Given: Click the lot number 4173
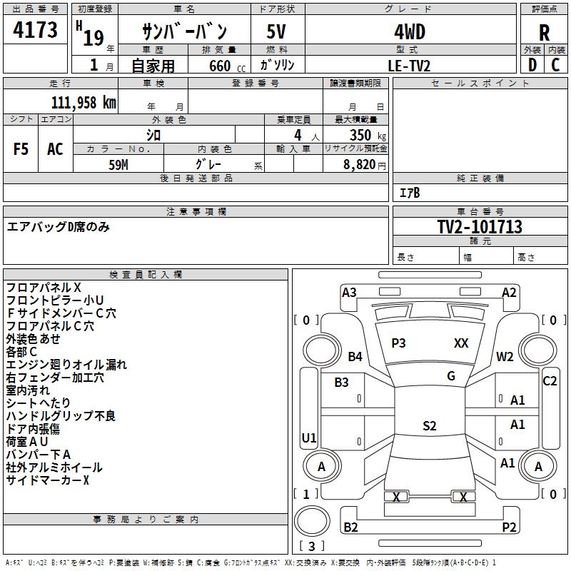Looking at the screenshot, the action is coord(35,29).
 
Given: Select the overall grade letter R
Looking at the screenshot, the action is coord(544,33).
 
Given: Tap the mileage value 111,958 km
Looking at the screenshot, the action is coord(84,102).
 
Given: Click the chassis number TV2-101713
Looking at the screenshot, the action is coord(480,226).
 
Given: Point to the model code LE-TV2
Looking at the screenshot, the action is coord(409,66).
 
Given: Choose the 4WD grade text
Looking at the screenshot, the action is coord(410,32).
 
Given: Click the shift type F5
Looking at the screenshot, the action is coord(21,149).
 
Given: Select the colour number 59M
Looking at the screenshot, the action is coord(118,165).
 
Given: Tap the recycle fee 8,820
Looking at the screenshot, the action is coord(360,164).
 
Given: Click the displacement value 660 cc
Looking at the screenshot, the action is coord(227,66).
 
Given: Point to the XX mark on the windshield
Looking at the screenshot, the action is coord(461,343).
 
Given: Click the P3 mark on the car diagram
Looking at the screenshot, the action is coord(398,343).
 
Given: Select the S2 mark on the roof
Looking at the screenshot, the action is coord(430,425).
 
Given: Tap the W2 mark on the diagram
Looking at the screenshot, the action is coord(505,356).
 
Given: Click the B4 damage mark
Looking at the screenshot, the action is coord(355,356).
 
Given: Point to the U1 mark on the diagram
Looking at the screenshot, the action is coord(309,438).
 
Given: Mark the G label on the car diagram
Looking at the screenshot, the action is coord(451,375).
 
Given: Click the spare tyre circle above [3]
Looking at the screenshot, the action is coord(312,521).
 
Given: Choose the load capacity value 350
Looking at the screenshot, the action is coord(360,135).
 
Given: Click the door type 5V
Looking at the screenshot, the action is coord(276,31).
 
